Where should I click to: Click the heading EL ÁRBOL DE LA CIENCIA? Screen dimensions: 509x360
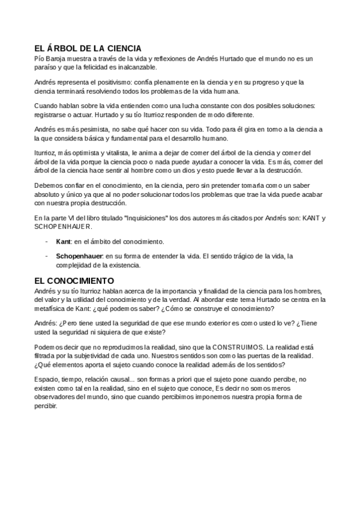(x=88, y=48)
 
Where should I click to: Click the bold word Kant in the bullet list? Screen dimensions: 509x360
(x=63, y=241)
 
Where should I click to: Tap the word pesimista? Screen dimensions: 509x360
(x=93, y=129)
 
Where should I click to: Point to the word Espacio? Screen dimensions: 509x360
(x=47, y=380)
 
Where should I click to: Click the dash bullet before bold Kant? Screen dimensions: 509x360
(x=47, y=241)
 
